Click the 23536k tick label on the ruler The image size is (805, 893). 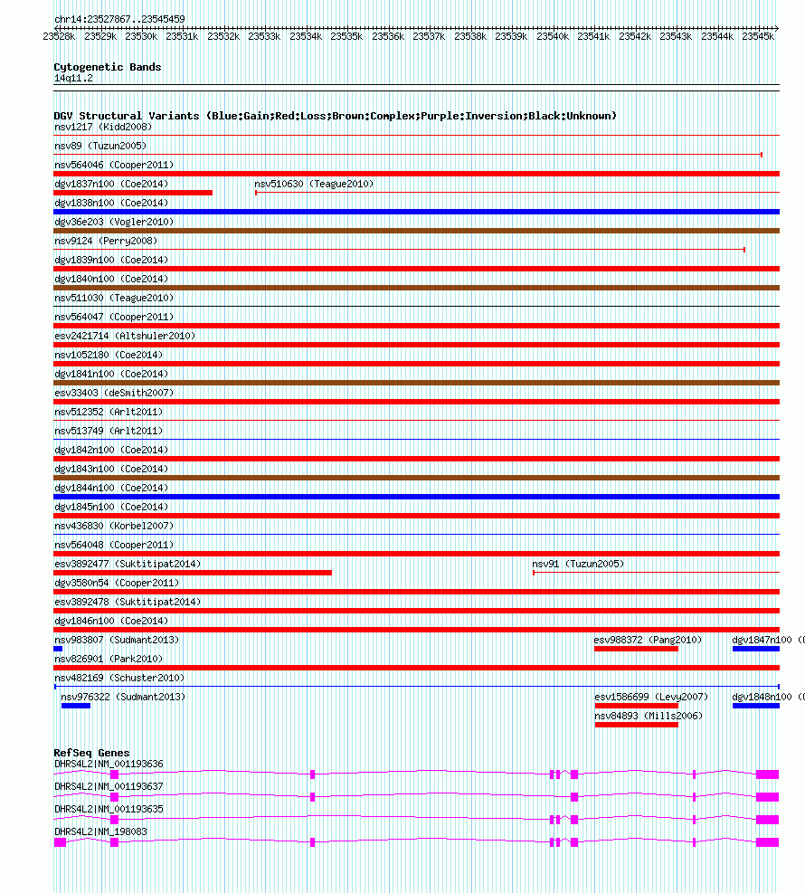point(388,37)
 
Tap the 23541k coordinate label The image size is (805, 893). point(594,37)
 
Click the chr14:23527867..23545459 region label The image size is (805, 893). point(119,19)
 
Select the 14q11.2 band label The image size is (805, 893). point(73,78)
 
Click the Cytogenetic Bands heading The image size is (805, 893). point(108,67)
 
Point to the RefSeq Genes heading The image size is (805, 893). point(91,753)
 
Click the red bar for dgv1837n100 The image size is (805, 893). point(133,193)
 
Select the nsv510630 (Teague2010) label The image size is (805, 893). point(314,184)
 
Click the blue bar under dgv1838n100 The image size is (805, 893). point(416,212)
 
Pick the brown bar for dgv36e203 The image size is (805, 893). point(416,231)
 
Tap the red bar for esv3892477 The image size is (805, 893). point(193,573)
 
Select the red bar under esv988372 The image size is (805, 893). point(636,649)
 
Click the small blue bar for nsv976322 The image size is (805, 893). point(76,706)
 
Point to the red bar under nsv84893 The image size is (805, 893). point(636,725)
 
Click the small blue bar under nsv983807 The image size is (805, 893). point(58,649)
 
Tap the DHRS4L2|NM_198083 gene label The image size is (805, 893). point(100,831)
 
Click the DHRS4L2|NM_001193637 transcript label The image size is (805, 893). point(109,786)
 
